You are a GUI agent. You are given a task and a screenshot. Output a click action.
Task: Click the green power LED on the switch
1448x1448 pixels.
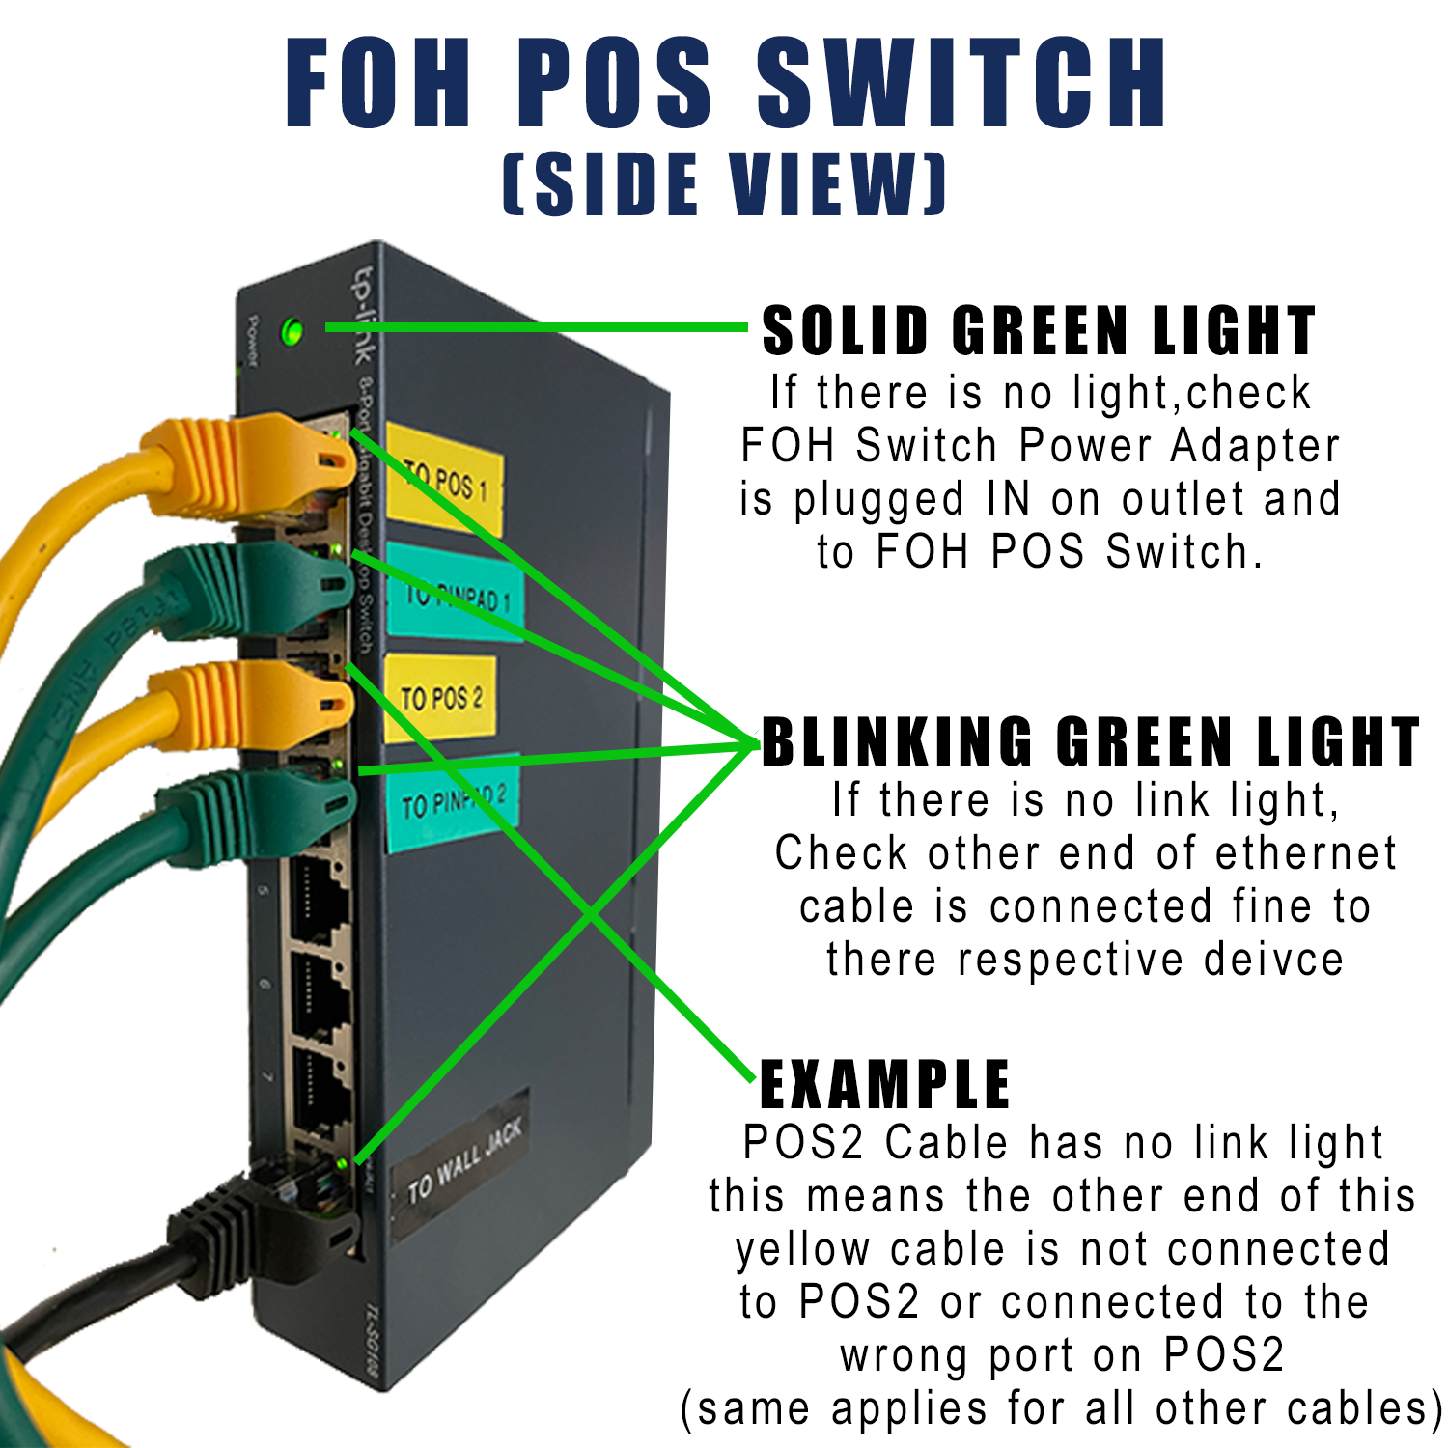(292, 333)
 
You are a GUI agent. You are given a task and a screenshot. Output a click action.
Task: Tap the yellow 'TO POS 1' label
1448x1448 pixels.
(444, 479)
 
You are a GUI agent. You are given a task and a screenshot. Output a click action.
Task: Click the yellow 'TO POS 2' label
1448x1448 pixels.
(441, 698)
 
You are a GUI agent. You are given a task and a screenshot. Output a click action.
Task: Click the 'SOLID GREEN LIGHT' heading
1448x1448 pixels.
(1039, 331)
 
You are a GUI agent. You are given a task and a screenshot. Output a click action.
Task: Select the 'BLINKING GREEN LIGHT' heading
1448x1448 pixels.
(1090, 742)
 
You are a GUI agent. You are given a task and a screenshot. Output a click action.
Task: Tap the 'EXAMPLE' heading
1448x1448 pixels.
(884, 1085)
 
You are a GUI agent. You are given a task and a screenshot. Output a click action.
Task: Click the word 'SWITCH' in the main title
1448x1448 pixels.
(962, 84)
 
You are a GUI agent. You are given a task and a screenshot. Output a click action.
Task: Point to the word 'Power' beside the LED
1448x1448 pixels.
(252, 340)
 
